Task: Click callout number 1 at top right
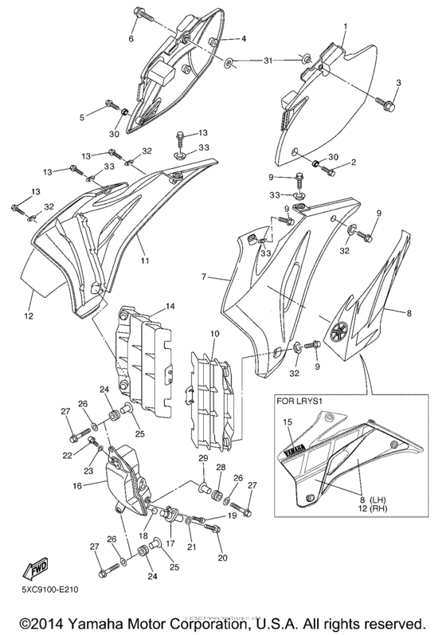tap(345, 26)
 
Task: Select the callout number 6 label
tap(132, 38)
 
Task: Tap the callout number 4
tap(244, 38)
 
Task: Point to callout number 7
tap(205, 276)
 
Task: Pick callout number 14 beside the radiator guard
tap(170, 305)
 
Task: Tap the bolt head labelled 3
tap(388, 104)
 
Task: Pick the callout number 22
tap(67, 455)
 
